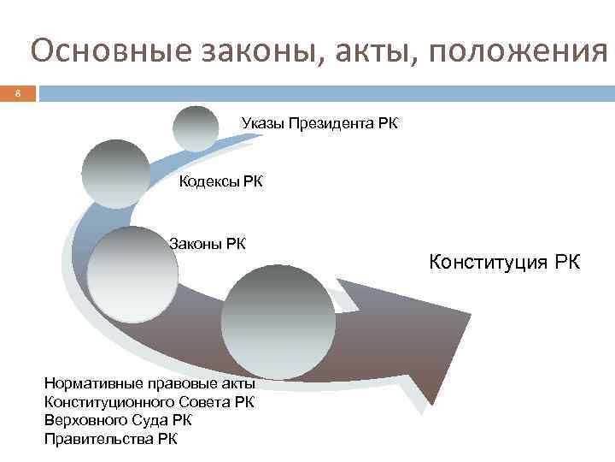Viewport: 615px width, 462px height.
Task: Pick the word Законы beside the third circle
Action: pos(196,244)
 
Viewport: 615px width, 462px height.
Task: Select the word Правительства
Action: pos(98,439)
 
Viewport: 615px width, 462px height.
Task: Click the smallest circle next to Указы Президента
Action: pos(196,128)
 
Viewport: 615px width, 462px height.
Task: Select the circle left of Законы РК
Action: pos(132,274)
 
